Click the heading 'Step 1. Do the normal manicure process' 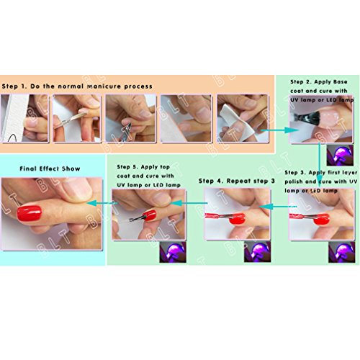[77, 86]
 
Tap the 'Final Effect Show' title [50, 168]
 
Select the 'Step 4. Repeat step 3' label [237, 181]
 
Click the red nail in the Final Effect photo [30, 213]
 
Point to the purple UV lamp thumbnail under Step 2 [340, 156]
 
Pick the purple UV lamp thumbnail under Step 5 [173, 252]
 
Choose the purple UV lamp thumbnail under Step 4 [257, 252]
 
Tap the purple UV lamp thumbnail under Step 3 [342, 252]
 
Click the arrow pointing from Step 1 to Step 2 [280, 130]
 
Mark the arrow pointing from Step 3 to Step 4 [278, 207]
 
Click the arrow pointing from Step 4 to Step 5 [189, 203]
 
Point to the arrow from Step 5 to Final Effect [102, 203]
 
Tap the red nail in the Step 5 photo [149, 215]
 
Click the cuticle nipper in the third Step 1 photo [127, 131]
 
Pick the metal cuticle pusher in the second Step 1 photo [70, 120]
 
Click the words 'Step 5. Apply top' [143, 167]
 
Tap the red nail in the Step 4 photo [237, 219]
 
